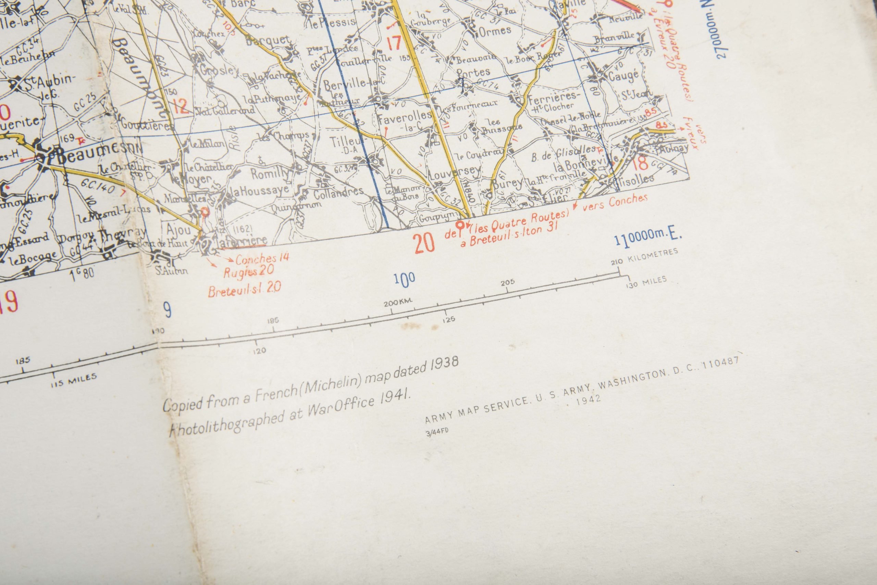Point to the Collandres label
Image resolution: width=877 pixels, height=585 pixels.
tap(338, 193)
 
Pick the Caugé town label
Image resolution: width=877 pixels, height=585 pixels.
tap(623, 76)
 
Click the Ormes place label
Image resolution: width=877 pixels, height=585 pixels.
tap(495, 30)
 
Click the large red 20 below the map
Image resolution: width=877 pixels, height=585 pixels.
tap(424, 243)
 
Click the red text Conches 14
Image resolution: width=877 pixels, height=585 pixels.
tap(262, 258)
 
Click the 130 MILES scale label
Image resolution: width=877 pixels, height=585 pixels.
tap(647, 282)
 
